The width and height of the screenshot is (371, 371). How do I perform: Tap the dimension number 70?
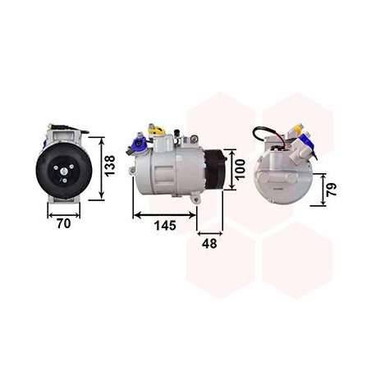[62, 222]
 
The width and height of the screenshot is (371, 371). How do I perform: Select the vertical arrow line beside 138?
[100, 168]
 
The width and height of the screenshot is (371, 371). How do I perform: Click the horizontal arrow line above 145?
[164, 214]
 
